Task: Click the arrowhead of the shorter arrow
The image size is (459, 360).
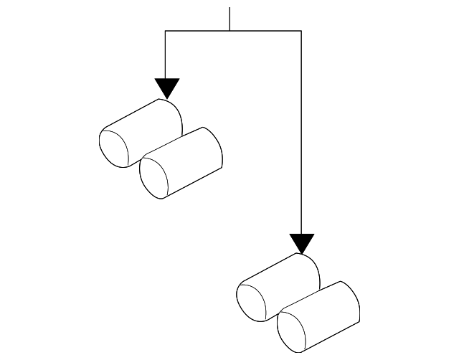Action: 166,87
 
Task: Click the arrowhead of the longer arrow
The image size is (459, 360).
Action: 302,242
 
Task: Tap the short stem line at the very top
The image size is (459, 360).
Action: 229,19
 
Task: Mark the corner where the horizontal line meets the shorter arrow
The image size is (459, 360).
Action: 166,31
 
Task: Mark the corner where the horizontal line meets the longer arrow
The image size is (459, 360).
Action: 302,31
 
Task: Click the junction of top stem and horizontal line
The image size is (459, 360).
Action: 229,31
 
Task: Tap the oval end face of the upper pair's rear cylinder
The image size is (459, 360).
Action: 113,147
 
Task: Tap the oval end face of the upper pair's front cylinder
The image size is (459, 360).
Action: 155,177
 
